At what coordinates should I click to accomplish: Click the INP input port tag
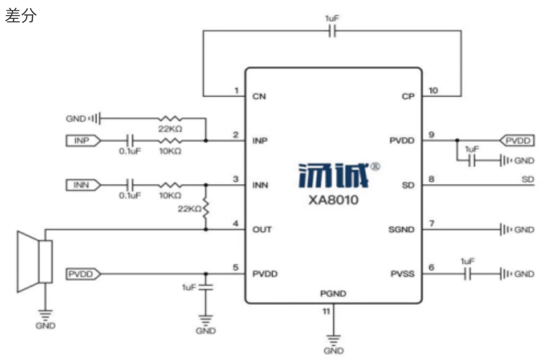point(83,140)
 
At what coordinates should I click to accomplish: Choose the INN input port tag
point(83,184)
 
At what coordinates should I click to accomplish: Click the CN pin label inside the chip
point(259,97)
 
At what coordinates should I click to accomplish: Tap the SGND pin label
point(402,229)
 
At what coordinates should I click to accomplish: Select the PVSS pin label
point(402,274)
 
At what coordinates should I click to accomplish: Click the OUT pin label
point(262,229)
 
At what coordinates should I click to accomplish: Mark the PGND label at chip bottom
point(333,294)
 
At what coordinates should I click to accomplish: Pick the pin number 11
point(327,311)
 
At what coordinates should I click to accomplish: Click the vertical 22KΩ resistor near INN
point(205,208)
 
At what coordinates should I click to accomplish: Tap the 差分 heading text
point(21,16)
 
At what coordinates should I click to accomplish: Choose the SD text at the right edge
point(528,179)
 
